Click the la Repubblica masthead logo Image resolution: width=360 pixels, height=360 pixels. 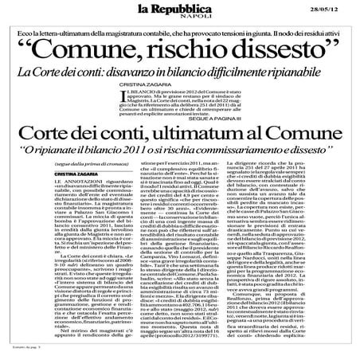[179, 11]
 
